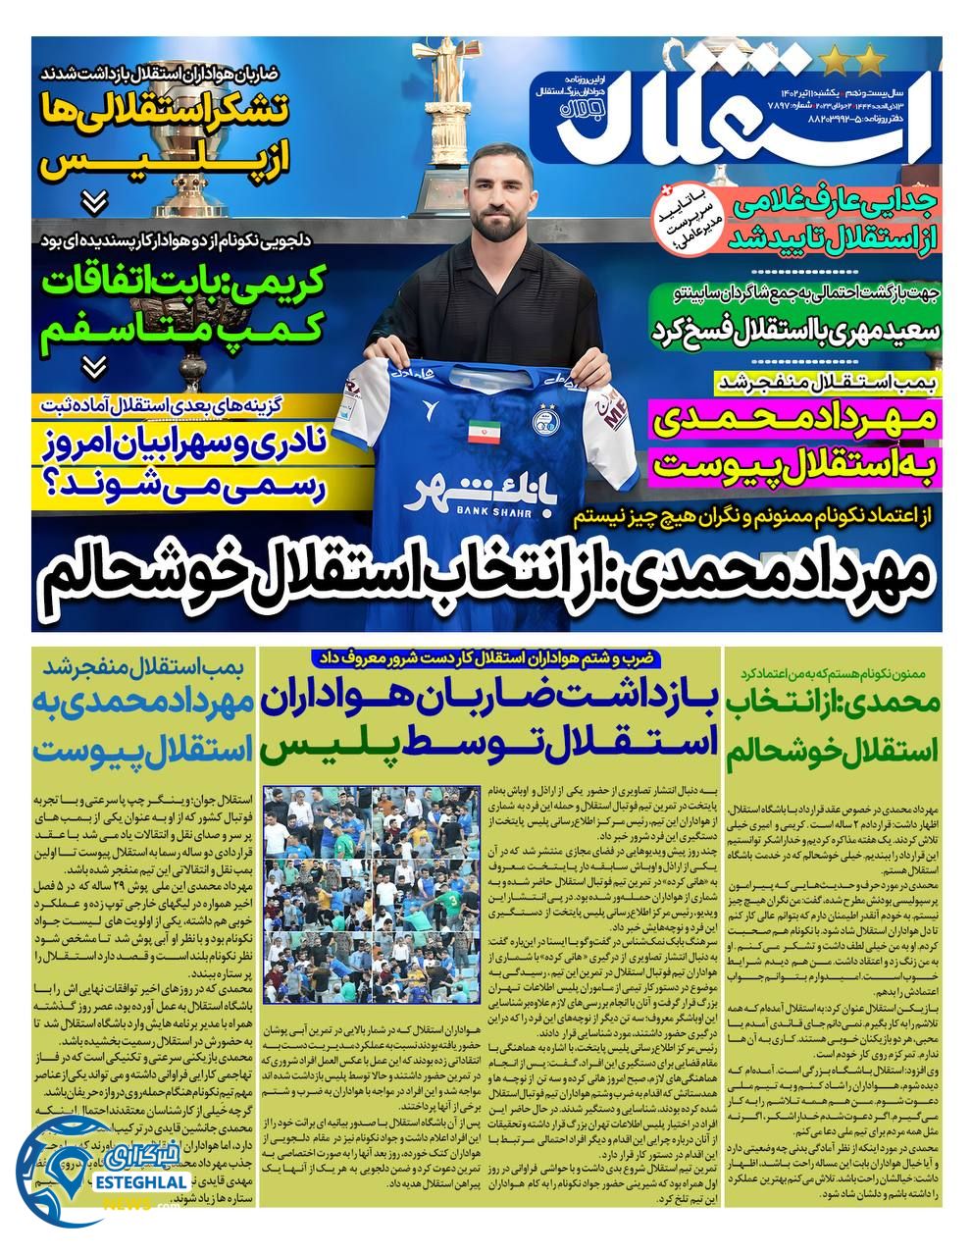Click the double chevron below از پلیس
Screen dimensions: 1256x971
[x=94, y=203]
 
